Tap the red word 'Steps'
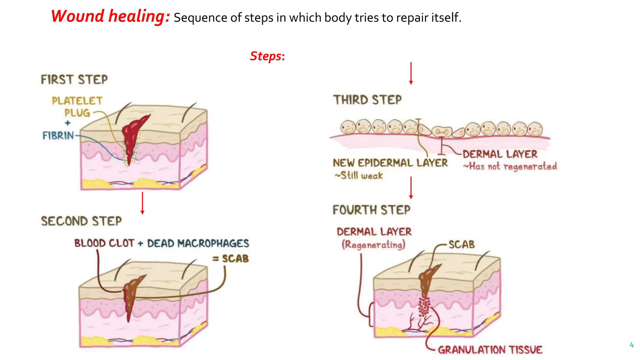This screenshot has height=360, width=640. (x=266, y=56)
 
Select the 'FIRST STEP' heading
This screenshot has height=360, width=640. (x=74, y=79)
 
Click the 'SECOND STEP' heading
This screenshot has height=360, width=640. (x=81, y=221)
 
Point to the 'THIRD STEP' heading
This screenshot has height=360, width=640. (x=367, y=100)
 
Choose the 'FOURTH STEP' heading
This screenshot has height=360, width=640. (x=371, y=210)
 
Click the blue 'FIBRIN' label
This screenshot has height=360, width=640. (x=58, y=136)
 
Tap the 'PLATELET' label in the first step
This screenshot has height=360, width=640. (x=77, y=101)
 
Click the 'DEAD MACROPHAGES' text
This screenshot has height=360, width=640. (x=198, y=243)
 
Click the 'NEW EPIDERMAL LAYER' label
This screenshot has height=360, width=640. (x=390, y=163)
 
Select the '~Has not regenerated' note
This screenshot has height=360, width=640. (x=510, y=167)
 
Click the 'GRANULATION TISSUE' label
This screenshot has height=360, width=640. (x=490, y=350)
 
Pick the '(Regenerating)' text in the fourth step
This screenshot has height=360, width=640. (x=373, y=245)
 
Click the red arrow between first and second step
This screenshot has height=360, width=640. (x=142, y=203)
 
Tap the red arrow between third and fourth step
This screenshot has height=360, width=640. (x=411, y=188)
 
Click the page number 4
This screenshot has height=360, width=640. (x=632, y=345)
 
